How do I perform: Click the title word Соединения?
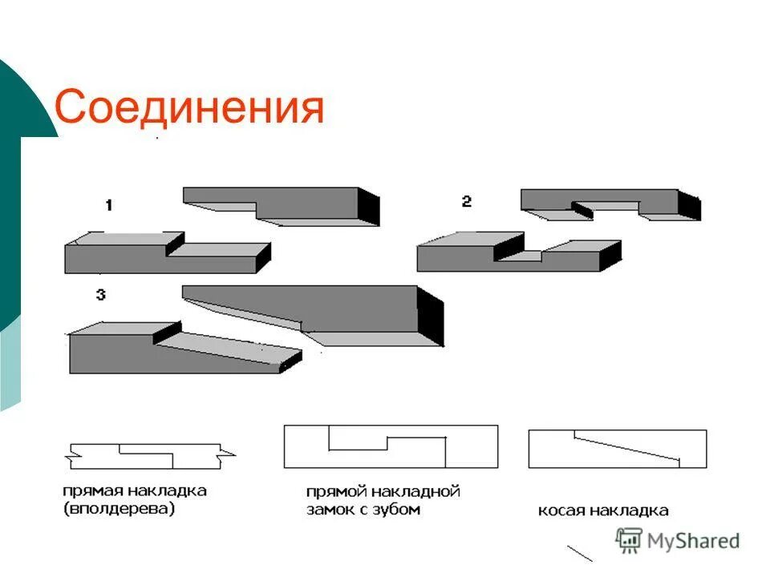click(x=189, y=107)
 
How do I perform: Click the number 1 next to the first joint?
click(x=108, y=206)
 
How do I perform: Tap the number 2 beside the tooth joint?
click(x=466, y=202)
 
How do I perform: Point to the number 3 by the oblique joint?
click(x=100, y=295)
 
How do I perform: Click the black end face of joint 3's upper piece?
click(x=430, y=317)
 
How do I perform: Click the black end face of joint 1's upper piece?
click(x=368, y=207)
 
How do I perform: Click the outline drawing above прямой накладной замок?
click(x=391, y=446)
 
